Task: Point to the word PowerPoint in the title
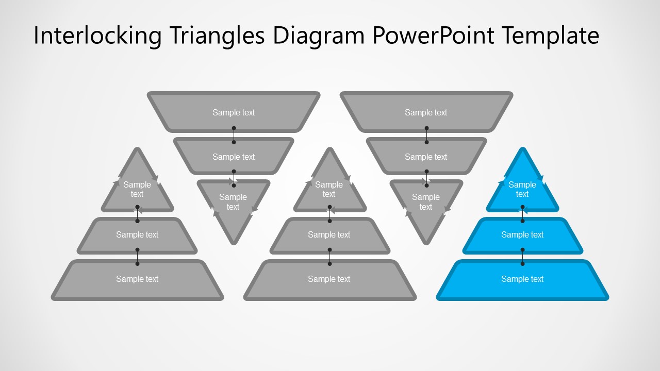[x=433, y=36]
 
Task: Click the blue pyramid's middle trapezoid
[x=522, y=235]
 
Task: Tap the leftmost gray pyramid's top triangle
[x=137, y=189]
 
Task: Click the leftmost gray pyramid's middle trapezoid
[x=137, y=235]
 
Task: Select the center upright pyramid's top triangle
[x=329, y=189]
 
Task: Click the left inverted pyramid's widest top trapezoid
[x=234, y=112]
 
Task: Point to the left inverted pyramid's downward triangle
[x=234, y=204]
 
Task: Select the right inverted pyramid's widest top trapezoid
[x=426, y=112]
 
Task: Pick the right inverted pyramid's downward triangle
[x=426, y=204]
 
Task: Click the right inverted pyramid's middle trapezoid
[x=426, y=157]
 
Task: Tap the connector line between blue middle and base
[x=522, y=257]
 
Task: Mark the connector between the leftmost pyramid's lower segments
[x=137, y=257]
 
